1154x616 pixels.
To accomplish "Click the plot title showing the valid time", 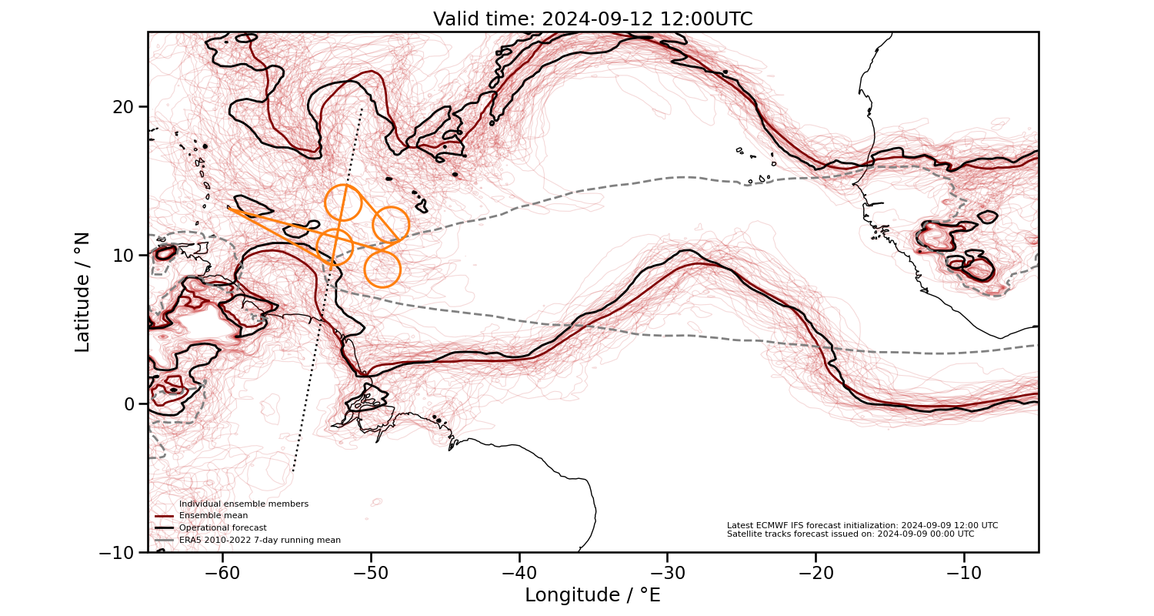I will click(x=592, y=19).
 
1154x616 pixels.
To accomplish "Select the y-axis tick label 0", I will click(x=127, y=403).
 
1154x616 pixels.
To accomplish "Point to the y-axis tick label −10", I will click(x=115, y=552).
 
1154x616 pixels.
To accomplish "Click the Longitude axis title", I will click(x=592, y=595).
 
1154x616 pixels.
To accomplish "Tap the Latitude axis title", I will click(x=82, y=292).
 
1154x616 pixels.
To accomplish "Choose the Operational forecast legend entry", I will click(x=222, y=527).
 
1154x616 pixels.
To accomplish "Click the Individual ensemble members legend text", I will click(x=243, y=504).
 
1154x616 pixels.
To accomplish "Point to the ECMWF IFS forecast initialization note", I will click(x=862, y=525).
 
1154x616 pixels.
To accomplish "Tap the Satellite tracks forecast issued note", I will click(x=850, y=534).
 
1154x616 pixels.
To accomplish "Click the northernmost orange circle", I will click(x=343, y=203).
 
